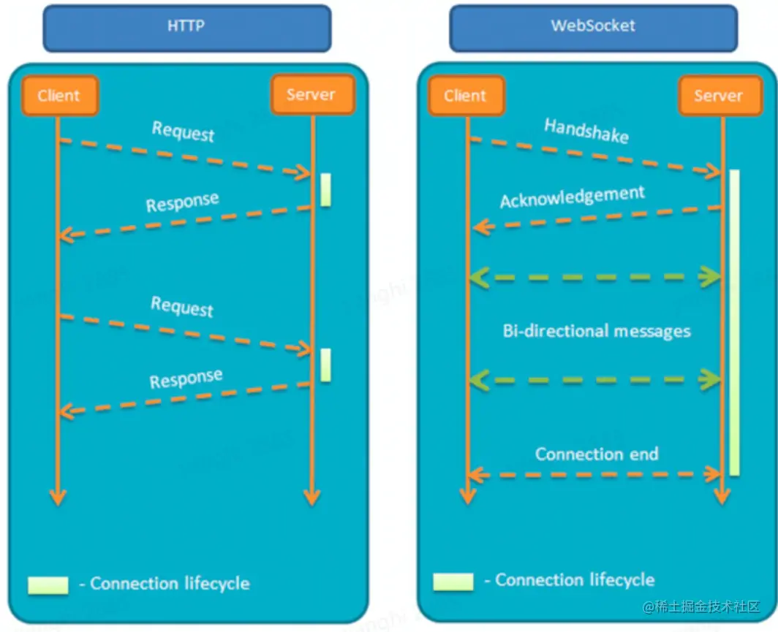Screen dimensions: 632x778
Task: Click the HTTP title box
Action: point(187,27)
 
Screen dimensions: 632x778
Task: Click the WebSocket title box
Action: point(593,27)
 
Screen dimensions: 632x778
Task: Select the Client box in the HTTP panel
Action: point(59,95)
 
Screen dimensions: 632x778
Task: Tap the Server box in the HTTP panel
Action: point(311,94)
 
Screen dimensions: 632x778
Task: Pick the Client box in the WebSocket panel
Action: point(465,96)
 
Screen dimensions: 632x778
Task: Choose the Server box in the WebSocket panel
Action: point(718,96)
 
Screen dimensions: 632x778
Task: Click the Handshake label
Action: point(586,132)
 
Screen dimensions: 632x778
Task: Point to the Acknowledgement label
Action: point(573,197)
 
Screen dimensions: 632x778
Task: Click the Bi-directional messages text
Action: point(597,331)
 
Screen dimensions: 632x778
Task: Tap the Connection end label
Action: point(597,454)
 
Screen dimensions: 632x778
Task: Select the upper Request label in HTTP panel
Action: point(184,132)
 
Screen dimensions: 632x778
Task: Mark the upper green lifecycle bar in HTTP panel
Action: point(325,189)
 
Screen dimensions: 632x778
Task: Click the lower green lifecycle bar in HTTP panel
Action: point(325,365)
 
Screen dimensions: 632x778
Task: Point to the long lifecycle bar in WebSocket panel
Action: point(734,321)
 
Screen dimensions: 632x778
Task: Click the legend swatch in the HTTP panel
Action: point(48,585)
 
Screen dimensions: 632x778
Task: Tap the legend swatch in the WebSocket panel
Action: point(453,582)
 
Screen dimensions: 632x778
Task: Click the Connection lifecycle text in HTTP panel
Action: point(170,584)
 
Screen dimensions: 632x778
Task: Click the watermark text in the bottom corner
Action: point(702,607)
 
